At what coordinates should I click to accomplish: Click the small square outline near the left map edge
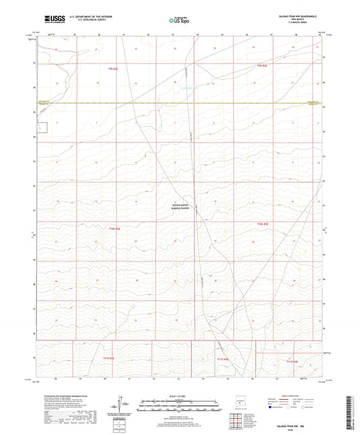[43, 127]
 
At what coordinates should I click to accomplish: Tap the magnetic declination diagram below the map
[124, 404]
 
